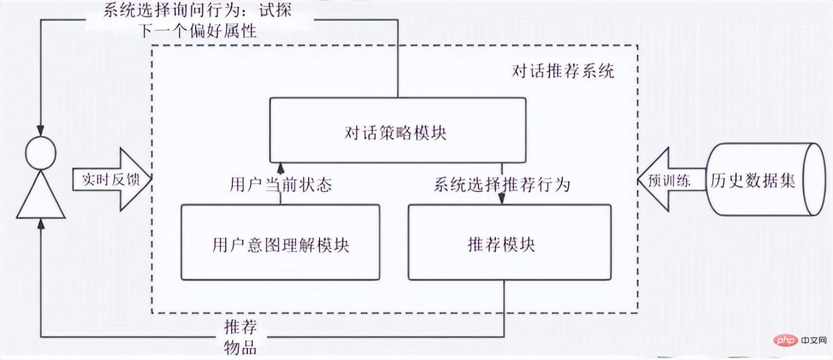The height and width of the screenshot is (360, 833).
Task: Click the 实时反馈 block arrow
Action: click(x=111, y=180)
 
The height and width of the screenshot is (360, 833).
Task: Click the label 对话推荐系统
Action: click(x=563, y=72)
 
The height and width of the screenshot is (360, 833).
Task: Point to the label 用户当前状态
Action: click(x=280, y=184)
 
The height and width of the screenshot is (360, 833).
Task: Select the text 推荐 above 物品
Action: click(x=241, y=328)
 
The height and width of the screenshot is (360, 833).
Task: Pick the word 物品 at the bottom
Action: click(x=241, y=347)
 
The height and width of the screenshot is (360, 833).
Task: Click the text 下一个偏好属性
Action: click(x=199, y=31)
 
